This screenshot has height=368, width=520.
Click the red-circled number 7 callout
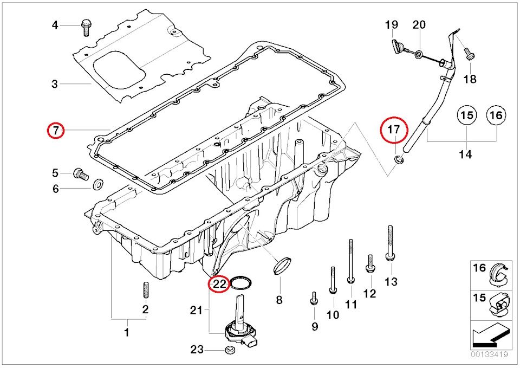[x=55, y=130]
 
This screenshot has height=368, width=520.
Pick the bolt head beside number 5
[x=79, y=173]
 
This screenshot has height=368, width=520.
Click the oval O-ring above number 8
[x=282, y=266]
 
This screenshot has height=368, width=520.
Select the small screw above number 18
[x=469, y=54]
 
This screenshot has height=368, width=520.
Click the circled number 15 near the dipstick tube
[x=467, y=115]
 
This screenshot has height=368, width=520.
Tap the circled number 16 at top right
[x=496, y=115]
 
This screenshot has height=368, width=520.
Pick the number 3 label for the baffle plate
[x=55, y=84]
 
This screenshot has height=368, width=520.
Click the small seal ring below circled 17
[x=399, y=159]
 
